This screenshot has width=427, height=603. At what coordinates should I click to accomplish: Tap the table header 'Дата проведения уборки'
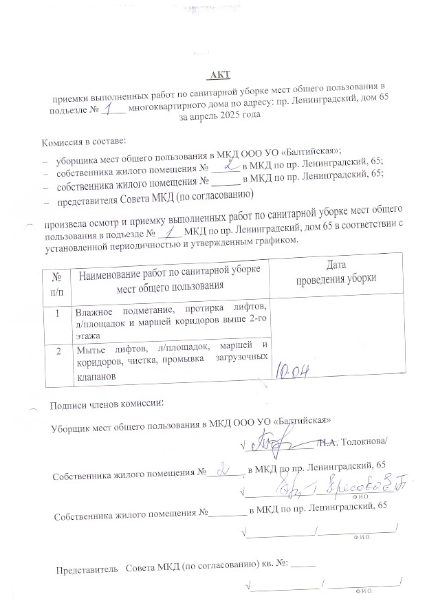tap(336, 273)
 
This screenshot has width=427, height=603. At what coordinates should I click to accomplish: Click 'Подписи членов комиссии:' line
tap(107, 402)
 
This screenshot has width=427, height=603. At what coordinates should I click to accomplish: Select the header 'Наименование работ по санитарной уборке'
tap(171, 274)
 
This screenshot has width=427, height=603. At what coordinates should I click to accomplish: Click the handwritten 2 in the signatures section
tap(222, 472)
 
